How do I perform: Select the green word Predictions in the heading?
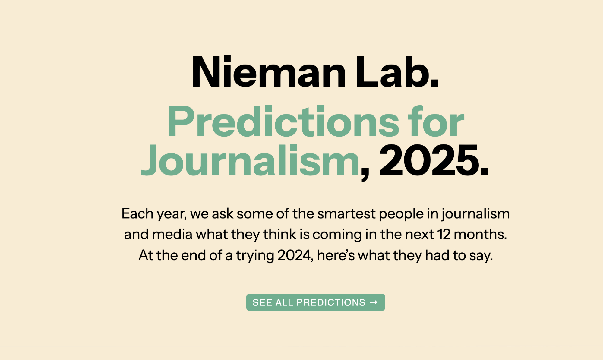click(283, 121)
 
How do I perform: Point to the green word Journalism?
click(250, 160)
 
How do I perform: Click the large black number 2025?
click(429, 160)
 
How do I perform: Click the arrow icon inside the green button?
click(374, 302)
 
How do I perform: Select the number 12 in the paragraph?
click(444, 234)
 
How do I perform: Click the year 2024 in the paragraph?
click(294, 255)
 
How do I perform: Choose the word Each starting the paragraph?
click(137, 213)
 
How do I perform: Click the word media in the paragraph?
click(172, 234)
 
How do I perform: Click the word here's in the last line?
click(336, 255)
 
